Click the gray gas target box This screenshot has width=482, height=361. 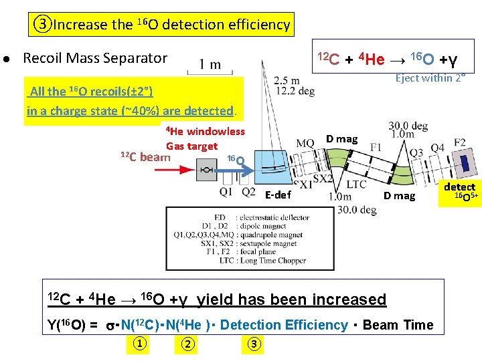pyautogui.click(x=206, y=170)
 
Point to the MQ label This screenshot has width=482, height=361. pyautogui.click(x=305, y=144)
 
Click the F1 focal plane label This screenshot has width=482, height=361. pyautogui.click(x=376, y=146)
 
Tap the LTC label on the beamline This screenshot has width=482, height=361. pyautogui.click(x=357, y=183)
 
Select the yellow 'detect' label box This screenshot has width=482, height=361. pyautogui.click(x=459, y=187)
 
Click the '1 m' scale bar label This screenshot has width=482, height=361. pyautogui.click(x=210, y=65)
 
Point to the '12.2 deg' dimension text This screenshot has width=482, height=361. pyautogui.click(x=295, y=92)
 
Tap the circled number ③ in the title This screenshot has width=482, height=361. pyautogui.click(x=43, y=25)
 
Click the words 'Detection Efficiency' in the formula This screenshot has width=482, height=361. pyautogui.click(x=283, y=325)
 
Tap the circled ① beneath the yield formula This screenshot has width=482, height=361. pyautogui.click(x=138, y=344)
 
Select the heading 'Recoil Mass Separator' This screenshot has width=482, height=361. pyautogui.click(x=95, y=58)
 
